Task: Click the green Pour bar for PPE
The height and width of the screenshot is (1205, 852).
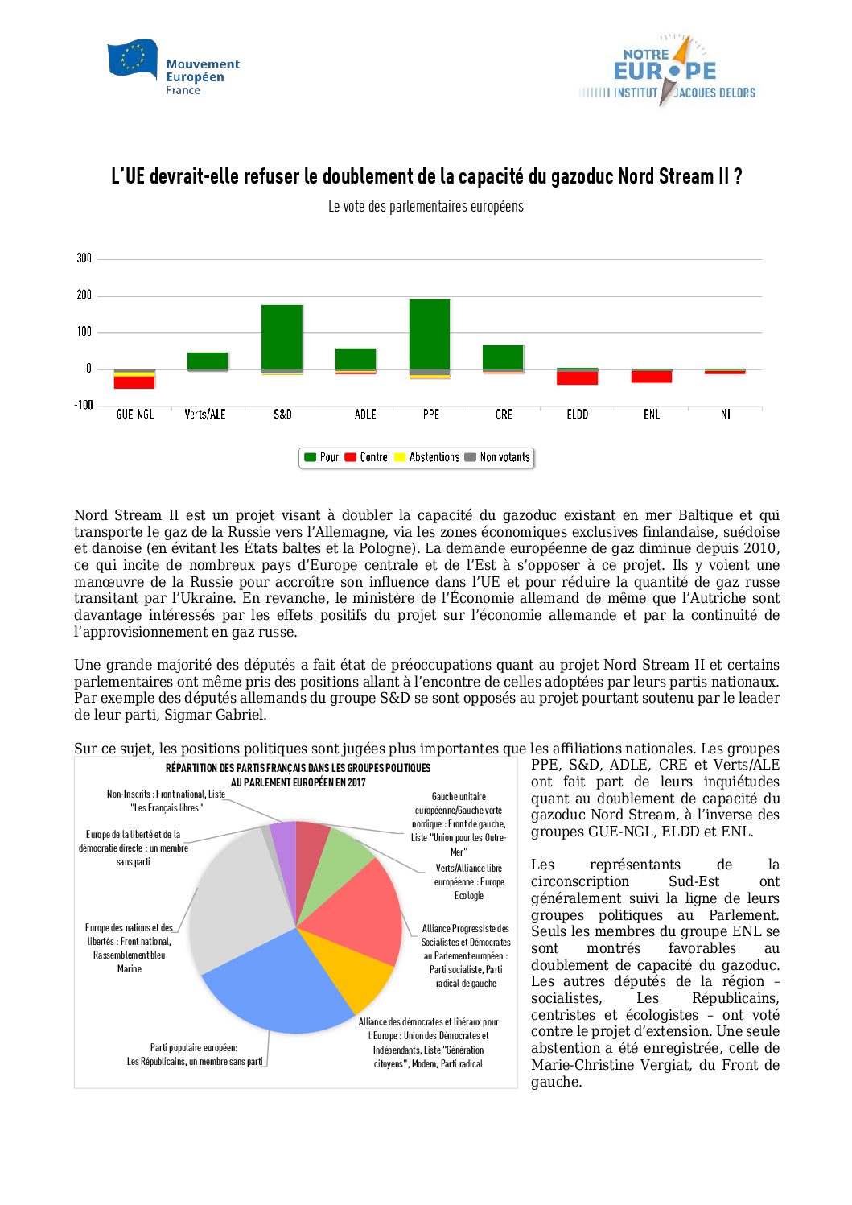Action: coord(430,334)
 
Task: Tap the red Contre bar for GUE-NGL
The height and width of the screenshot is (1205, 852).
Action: coord(134,382)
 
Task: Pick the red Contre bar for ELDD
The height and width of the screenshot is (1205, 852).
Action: coord(577,378)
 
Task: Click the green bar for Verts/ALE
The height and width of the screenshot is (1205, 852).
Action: coord(208,361)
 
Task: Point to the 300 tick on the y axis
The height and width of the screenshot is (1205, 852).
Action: coord(84,258)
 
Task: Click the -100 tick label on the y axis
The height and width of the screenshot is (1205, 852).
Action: coord(84,405)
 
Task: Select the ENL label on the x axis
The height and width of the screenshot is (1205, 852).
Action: coord(652,415)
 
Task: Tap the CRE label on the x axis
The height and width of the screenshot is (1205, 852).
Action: coord(504,415)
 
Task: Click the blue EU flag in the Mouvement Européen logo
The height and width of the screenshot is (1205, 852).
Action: coord(133,59)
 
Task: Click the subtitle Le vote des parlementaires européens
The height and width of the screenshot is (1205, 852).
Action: coord(426,207)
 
